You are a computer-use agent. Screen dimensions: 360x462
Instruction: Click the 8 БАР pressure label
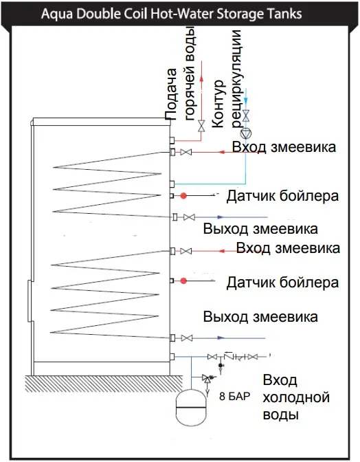(x=234, y=396)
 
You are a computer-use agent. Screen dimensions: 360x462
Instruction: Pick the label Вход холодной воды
(x=296, y=397)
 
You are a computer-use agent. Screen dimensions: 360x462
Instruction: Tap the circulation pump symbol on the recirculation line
(x=246, y=134)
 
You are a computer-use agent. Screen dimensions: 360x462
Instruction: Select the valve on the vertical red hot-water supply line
(x=201, y=126)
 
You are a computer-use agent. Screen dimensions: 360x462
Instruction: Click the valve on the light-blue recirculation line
(x=246, y=115)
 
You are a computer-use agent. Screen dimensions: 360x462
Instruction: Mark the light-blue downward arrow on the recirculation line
(x=246, y=100)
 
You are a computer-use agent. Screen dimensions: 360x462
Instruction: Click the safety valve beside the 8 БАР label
(x=207, y=377)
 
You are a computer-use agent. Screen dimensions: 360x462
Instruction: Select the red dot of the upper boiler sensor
(x=183, y=195)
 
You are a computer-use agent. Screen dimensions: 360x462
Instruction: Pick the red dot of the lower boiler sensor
(x=183, y=280)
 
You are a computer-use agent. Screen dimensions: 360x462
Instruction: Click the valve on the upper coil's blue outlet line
(x=189, y=217)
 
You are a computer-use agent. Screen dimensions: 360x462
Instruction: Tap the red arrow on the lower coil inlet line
(x=223, y=251)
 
